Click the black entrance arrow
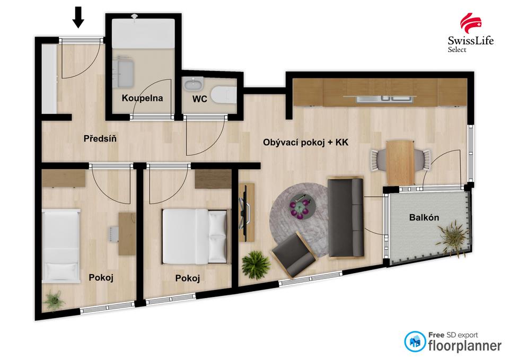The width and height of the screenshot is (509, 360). coord(78,17)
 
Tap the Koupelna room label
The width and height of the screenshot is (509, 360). coord(142,98)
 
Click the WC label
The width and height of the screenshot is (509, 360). coord(200,98)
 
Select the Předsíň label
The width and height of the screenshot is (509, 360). coord(100,139)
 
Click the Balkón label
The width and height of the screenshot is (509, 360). coord(424,217)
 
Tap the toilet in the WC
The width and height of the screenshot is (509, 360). coord(223,95)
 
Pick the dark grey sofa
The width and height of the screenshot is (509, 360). coord(345,217)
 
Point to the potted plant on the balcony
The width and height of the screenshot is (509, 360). coord(453,235)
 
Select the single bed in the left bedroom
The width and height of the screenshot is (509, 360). coord(60,244)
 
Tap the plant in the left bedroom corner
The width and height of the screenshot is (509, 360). coord(54,300)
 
